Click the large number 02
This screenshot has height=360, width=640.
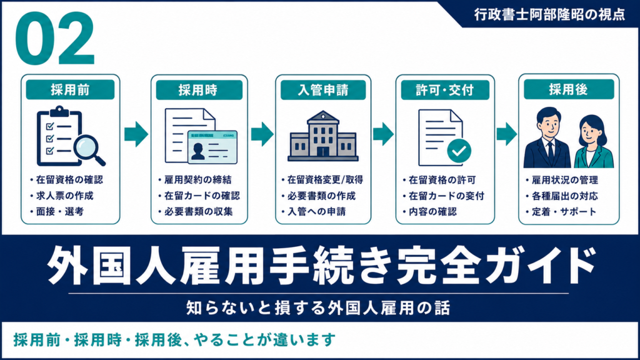[x=55, y=38]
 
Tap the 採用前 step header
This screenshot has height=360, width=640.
[x=70, y=90]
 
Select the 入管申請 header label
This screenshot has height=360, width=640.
[x=323, y=90]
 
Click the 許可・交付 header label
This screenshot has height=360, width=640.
[x=445, y=90]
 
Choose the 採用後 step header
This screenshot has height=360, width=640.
[x=569, y=89]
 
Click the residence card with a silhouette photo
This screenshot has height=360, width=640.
[x=212, y=147]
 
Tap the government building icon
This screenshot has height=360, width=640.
[x=323, y=136]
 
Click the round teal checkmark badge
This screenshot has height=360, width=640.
[x=459, y=151]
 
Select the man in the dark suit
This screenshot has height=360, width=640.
[x=547, y=138]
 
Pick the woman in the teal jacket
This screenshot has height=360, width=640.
[x=593, y=142]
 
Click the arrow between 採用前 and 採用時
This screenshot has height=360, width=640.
[x=136, y=134]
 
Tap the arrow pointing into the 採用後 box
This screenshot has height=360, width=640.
[x=506, y=134]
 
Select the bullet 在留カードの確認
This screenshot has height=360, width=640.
[x=202, y=196]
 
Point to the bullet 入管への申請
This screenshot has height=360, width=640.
[x=316, y=211]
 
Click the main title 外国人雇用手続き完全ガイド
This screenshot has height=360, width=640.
[x=321, y=265]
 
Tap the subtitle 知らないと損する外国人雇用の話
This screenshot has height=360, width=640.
[x=318, y=307]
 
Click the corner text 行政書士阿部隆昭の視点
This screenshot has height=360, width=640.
[x=549, y=15]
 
